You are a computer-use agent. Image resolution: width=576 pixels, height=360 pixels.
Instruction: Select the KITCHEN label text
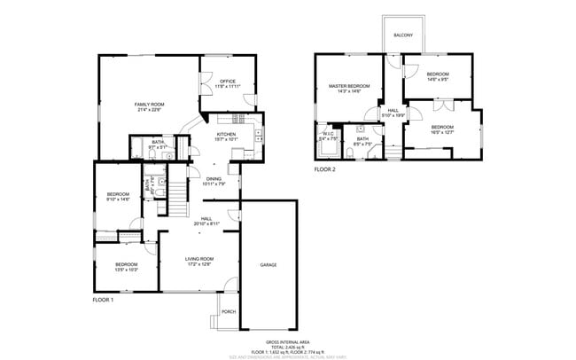pyautogui.click(x=226, y=134)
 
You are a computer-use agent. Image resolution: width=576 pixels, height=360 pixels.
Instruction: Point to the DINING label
pyautogui.click(x=214, y=179)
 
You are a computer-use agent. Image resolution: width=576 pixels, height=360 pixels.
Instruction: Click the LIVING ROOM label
pyautogui.click(x=199, y=258)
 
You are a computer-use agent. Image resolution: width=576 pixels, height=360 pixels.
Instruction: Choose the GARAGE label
pyautogui.click(x=268, y=265)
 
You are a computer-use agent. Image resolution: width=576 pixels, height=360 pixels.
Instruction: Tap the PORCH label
pyautogui.click(x=228, y=311)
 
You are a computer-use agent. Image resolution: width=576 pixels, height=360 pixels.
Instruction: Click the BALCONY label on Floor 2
pyautogui.click(x=403, y=35)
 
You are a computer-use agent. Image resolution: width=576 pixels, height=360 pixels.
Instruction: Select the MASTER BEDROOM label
pyautogui.click(x=348, y=86)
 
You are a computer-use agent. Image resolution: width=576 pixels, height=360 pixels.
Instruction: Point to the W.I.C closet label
pyautogui.click(x=328, y=134)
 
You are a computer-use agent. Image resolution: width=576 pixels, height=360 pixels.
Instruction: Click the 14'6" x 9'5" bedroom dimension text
pyautogui.click(x=437, y=80)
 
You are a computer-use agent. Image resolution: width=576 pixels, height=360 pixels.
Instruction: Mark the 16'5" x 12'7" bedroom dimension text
pyautogui.click(x=441, y=133)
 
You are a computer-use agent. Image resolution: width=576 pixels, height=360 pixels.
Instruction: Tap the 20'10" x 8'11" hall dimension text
pyautogui.click(x=206, y=223)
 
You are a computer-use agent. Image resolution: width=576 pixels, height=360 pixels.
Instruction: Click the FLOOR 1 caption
pyautogui.click(x=104, y=300)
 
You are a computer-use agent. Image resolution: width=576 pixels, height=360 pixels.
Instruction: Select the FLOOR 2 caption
pyautogui.click(x=324, y=168)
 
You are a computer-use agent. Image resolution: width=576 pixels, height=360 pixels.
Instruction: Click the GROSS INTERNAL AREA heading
pyautogui.click(x=287, y=341)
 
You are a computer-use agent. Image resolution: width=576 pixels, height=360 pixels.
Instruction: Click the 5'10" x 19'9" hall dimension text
pyautogui.click(x=393, y=115)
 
